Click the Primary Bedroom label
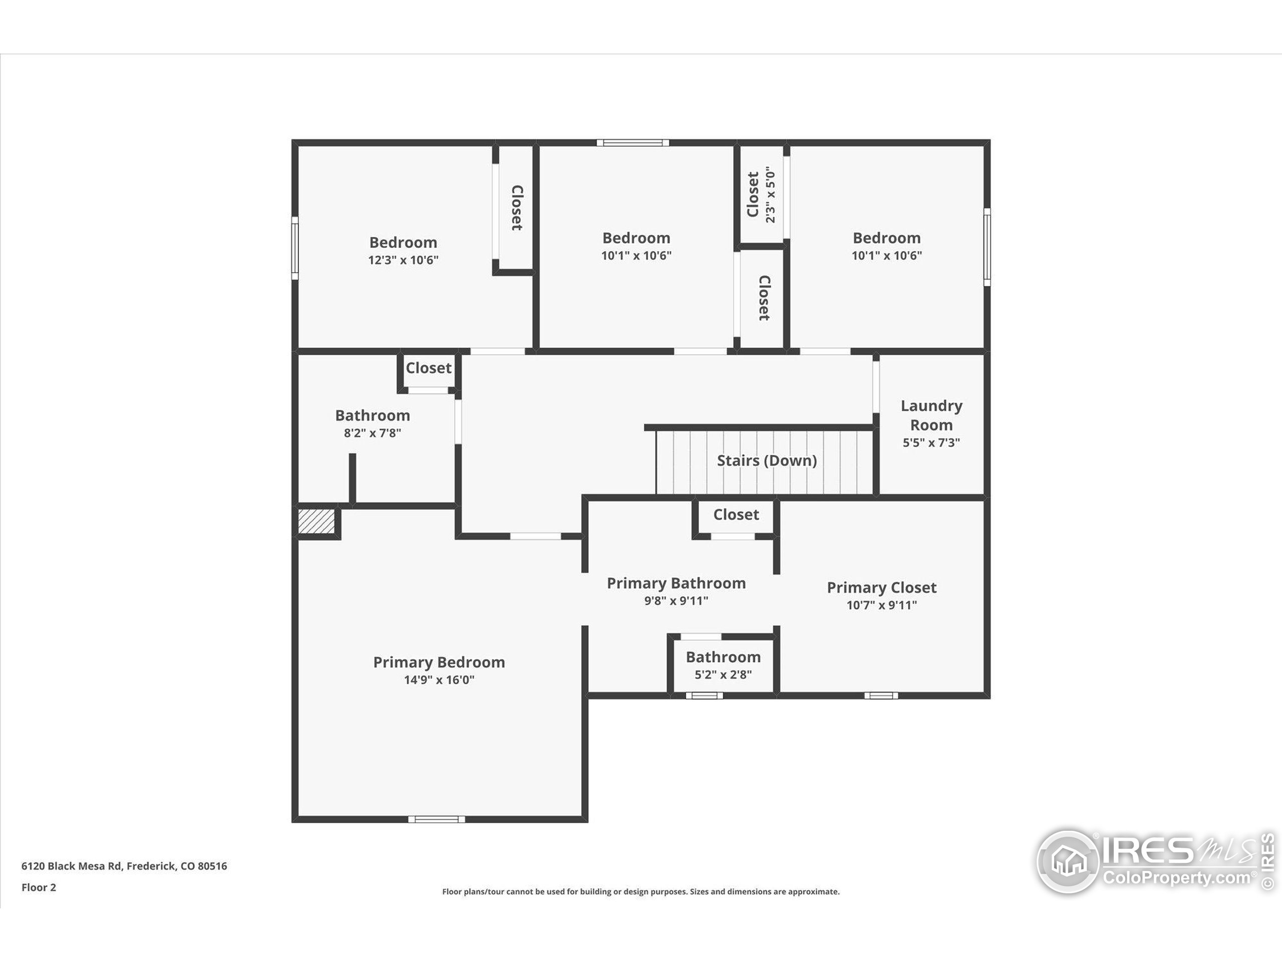[x=439, y=662]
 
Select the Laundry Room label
[x=931, y=415]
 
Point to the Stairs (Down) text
[x=766, y=460]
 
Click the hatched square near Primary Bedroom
[x=316, y=521]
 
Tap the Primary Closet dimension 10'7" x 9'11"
[x=881, y=605]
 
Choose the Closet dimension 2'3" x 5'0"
[x=770, y=195]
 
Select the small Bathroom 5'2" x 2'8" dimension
[x=723, y=674]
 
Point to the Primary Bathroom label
[x=676, y=583]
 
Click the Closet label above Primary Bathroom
[x=736, y=515]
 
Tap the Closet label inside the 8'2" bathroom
[x=428, y=368]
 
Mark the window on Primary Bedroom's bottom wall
[x=436, y=819]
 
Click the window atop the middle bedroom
[x=633, y=143]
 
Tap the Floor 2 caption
[x=39, y=887]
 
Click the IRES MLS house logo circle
[x=1067, y=861]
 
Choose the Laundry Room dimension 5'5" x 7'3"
[x=931, y=443]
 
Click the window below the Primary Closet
[x=881, y=696]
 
